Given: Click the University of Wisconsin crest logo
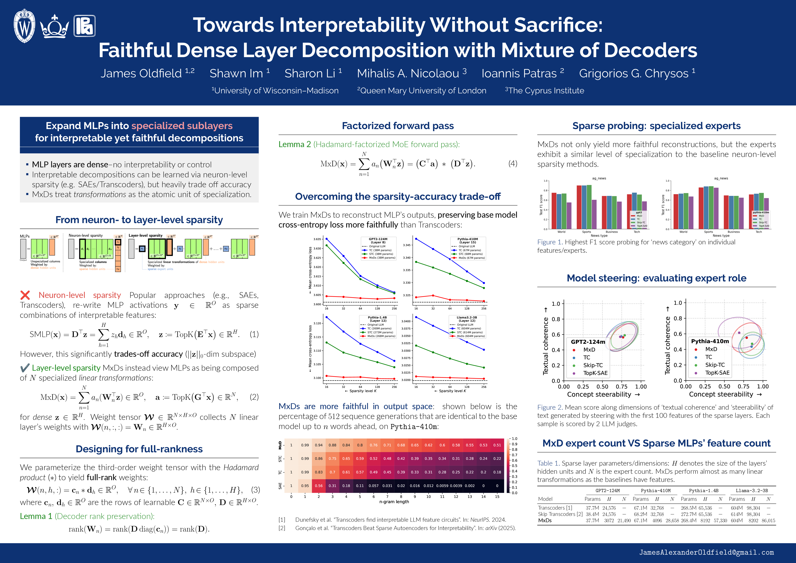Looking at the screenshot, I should point(24,26).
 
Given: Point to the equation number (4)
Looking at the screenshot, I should point(512,164).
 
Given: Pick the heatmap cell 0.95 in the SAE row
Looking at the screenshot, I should point(305,486).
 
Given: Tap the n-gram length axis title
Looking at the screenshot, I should point(394,502).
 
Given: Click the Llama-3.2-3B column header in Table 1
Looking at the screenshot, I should point(752,490).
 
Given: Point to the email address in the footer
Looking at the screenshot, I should point(706,552).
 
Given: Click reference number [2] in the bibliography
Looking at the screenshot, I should point(282,528).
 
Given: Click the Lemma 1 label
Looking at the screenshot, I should point(36,516).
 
